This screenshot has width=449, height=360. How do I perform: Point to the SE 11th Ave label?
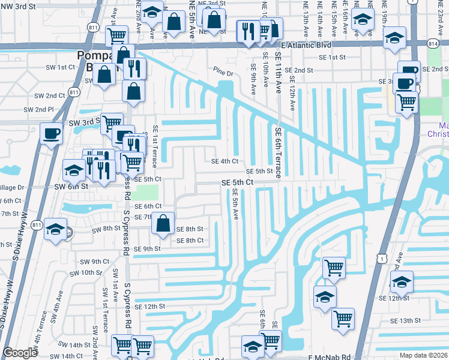278,72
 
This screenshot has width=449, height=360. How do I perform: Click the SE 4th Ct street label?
225,161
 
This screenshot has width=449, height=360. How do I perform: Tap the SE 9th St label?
147,249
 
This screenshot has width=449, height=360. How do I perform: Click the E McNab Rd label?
329,357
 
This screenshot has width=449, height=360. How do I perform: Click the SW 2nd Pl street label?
38,110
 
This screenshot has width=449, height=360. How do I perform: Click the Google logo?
20,353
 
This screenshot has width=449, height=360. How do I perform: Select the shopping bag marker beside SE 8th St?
163,223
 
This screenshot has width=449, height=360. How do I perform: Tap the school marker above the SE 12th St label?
402,281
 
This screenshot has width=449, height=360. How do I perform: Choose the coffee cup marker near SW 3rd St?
50,133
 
